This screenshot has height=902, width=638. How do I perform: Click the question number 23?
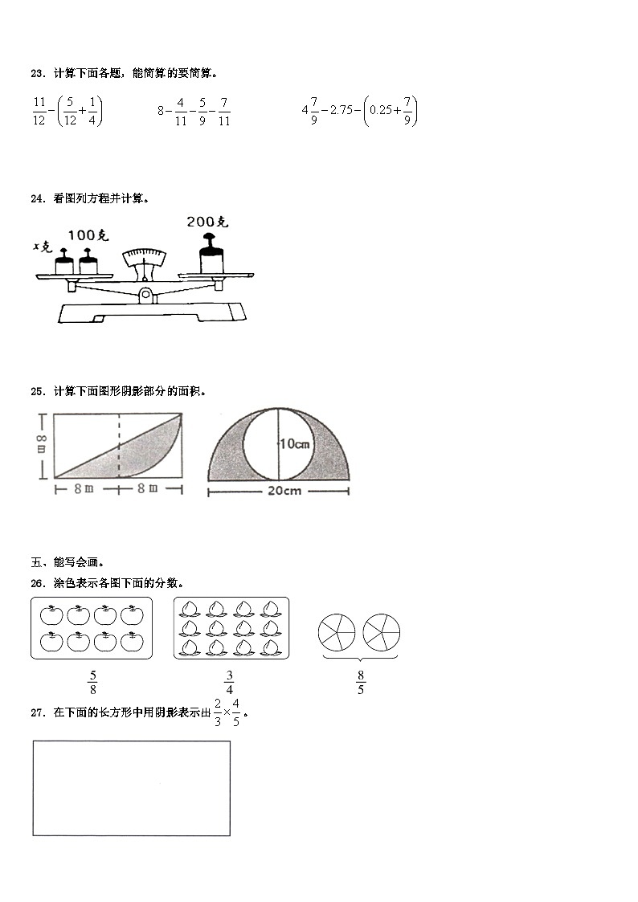[37, 73]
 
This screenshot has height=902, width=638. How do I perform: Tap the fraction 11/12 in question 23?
[39, 112]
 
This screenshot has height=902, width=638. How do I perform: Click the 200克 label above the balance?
[207, 222]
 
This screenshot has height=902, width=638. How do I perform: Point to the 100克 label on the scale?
[88, 235]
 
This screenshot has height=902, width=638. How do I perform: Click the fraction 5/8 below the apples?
[92, 682]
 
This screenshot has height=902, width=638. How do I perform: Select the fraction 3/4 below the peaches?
[229, 682]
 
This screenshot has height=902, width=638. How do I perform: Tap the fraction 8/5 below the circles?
[360, 682]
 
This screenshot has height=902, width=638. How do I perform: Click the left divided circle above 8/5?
[337, 633]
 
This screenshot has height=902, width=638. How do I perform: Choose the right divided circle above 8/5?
[381, 633]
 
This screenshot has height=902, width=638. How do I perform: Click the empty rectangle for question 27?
[131, 788]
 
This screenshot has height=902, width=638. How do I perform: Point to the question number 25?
[37, 392]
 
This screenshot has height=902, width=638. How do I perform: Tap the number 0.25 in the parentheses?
[384, 112]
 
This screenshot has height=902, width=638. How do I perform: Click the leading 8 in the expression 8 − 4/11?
[161, 112]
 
